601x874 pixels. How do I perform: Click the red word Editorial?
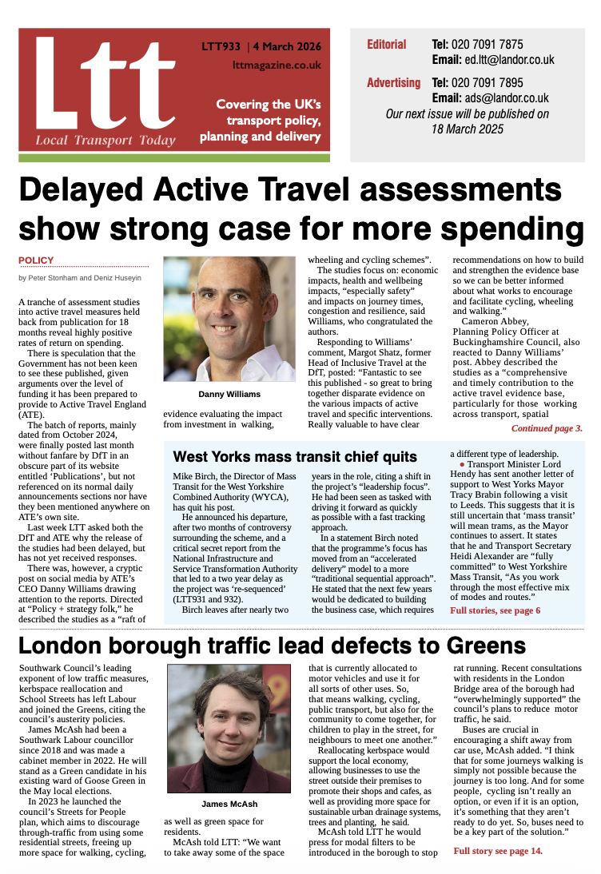(387, 45)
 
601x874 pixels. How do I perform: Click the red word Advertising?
(393, 83)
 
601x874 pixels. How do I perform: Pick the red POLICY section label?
(36, 260)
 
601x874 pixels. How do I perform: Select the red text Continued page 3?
(547, 429)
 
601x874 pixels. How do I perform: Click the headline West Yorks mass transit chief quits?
(295, 457)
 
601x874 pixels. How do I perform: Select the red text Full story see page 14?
(497, 851)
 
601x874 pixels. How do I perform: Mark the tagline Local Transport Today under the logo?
(105, 141)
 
